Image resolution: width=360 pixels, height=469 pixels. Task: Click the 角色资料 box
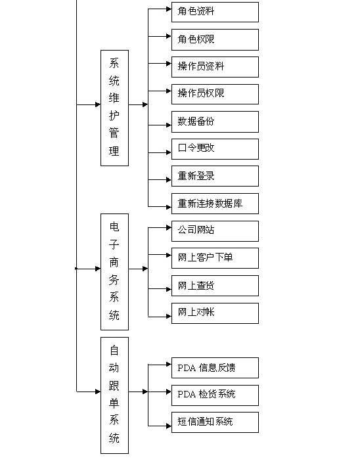coord(215,12)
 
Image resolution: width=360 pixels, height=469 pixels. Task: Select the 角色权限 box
coord(215,39)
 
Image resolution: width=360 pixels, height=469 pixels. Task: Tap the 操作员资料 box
coord(215,67)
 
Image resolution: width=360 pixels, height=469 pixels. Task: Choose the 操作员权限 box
coord(215,94)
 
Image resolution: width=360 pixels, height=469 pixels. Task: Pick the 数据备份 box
coord(215,122)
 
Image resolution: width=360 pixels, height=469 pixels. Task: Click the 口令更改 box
coord(215,148)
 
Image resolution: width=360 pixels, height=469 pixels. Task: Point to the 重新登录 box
coord(215,176)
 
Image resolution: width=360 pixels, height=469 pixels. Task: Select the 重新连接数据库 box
coord(215,204)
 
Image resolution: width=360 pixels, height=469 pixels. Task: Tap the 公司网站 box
coord(215,231)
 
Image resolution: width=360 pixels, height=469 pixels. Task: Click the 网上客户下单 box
coord(215,258)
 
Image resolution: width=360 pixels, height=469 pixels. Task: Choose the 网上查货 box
coord(215,286)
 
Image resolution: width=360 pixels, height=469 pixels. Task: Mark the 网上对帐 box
coord(215,313)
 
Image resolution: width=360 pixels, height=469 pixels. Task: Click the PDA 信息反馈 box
coord(215,368)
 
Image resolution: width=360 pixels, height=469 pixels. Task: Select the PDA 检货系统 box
coord(215,395)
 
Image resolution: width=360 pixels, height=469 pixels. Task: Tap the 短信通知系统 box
coord(215,422)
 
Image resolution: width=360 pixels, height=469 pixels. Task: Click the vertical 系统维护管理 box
coord(114,108)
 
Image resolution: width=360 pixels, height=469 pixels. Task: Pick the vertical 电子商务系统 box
coord(114,272)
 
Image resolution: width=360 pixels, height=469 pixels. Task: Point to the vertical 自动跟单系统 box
coord(114,395)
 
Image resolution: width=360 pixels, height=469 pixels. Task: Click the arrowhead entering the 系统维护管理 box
coord(98,104)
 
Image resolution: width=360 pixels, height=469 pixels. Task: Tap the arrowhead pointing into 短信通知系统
coord(169,426)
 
